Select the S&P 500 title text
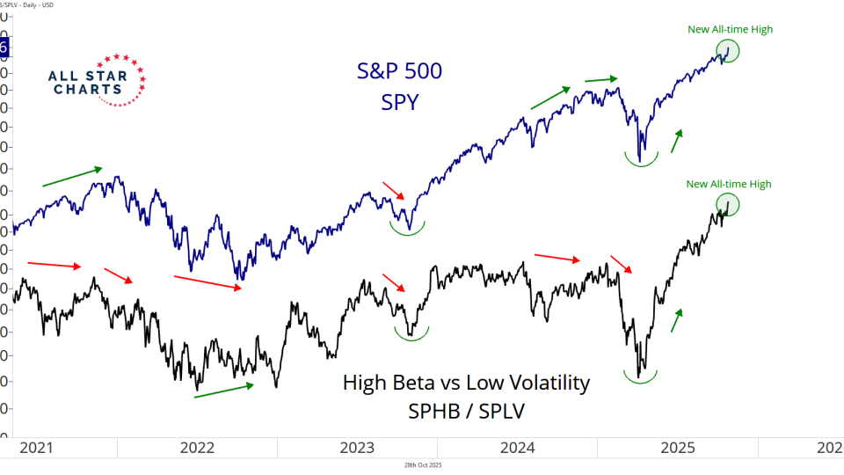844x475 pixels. click(x=399, y=72)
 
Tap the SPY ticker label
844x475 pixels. click(x=399, y=103)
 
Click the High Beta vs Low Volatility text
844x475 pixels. click(x=466, y=384)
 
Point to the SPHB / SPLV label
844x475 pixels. click(x=466, y=412)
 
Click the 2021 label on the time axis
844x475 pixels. click(x=35, y=447)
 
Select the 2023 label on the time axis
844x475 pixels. click(x=358, y=447)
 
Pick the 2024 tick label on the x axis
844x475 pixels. click(x=519, y=447)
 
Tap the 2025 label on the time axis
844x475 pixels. click(x=679, y=447)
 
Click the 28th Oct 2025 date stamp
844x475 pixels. click(x=422, y=464)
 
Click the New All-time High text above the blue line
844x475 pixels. click(x=730, y=30)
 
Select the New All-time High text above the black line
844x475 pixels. click(x=728, y=184)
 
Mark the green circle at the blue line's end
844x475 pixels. click(x=728, y=51)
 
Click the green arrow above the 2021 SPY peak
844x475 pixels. click(x=72, y=177)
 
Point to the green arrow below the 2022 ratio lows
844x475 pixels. click(x=223, y=390)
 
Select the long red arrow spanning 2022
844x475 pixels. click(x=207, y=282)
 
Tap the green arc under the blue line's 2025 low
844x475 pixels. click(x=642, y=160)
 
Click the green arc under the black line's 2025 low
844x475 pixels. click(x=642, y=376)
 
